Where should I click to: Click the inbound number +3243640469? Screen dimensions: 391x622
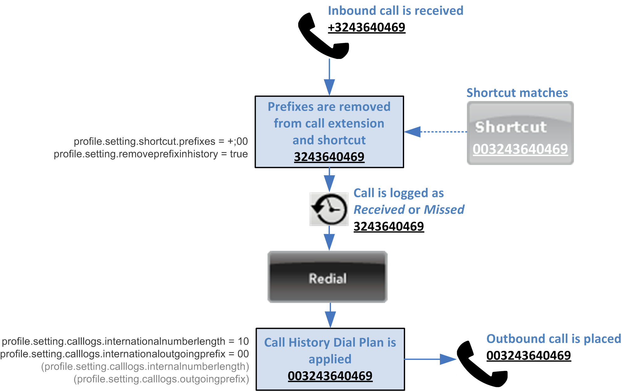[366, 27]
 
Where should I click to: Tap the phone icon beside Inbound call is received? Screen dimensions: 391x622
[323, 36]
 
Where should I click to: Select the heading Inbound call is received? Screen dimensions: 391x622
[395, 11]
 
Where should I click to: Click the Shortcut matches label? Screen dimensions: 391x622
[517, 93]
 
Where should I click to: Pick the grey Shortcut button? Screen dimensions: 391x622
[520, 133]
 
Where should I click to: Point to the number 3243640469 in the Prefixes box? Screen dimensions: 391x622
[329, 157]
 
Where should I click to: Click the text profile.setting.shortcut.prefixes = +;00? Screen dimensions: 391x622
[161, 141]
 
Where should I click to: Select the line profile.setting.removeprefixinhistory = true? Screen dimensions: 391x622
[150, 154]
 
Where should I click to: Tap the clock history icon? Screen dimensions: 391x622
[329, 209]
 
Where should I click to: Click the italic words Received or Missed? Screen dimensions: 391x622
[409, 209]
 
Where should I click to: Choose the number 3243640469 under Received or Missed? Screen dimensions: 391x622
[389, 226]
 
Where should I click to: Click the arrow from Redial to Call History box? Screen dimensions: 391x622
[330, 315]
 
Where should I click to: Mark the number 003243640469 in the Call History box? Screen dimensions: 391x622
[330, 376]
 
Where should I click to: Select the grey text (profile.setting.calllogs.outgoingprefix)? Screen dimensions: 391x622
[161, 379]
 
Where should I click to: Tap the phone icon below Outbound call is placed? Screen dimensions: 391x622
[481, 364]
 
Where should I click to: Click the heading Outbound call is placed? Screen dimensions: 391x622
[553, 339]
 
